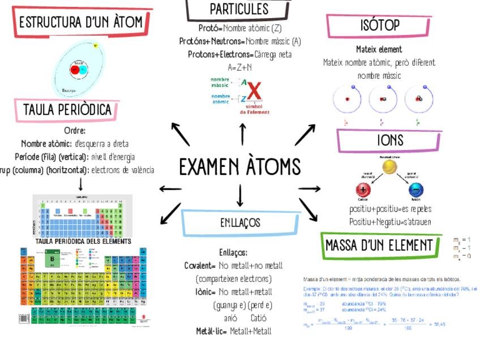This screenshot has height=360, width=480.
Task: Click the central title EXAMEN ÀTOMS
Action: click(x=239, y=166)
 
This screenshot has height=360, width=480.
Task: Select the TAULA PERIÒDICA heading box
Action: click(x=67, y=110)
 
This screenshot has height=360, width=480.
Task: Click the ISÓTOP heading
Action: click(x=379, y=25)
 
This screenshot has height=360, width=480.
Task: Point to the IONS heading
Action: click(x=390, y=140)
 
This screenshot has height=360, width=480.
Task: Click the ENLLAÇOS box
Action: click(x=240, y=222)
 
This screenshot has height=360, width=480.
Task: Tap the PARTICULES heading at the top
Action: click(x=239, y=9)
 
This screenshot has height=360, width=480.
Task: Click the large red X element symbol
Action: click(x=254, y=91)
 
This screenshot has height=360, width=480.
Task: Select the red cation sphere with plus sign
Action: click(x=363, y=190)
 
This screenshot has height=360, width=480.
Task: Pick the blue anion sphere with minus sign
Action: click(x=415, y=190)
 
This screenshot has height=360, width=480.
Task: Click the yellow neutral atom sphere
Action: click(x=389, y=167)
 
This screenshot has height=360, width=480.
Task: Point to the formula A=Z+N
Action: click(x=240, y=67)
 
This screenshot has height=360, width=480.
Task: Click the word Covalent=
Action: click(x=200, y=265)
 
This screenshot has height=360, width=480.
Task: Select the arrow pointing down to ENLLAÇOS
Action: click(x=240, y=195)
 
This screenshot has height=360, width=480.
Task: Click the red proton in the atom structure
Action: click(x=74, y=71)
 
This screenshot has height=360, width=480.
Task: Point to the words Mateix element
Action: click(x=379, y=49)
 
